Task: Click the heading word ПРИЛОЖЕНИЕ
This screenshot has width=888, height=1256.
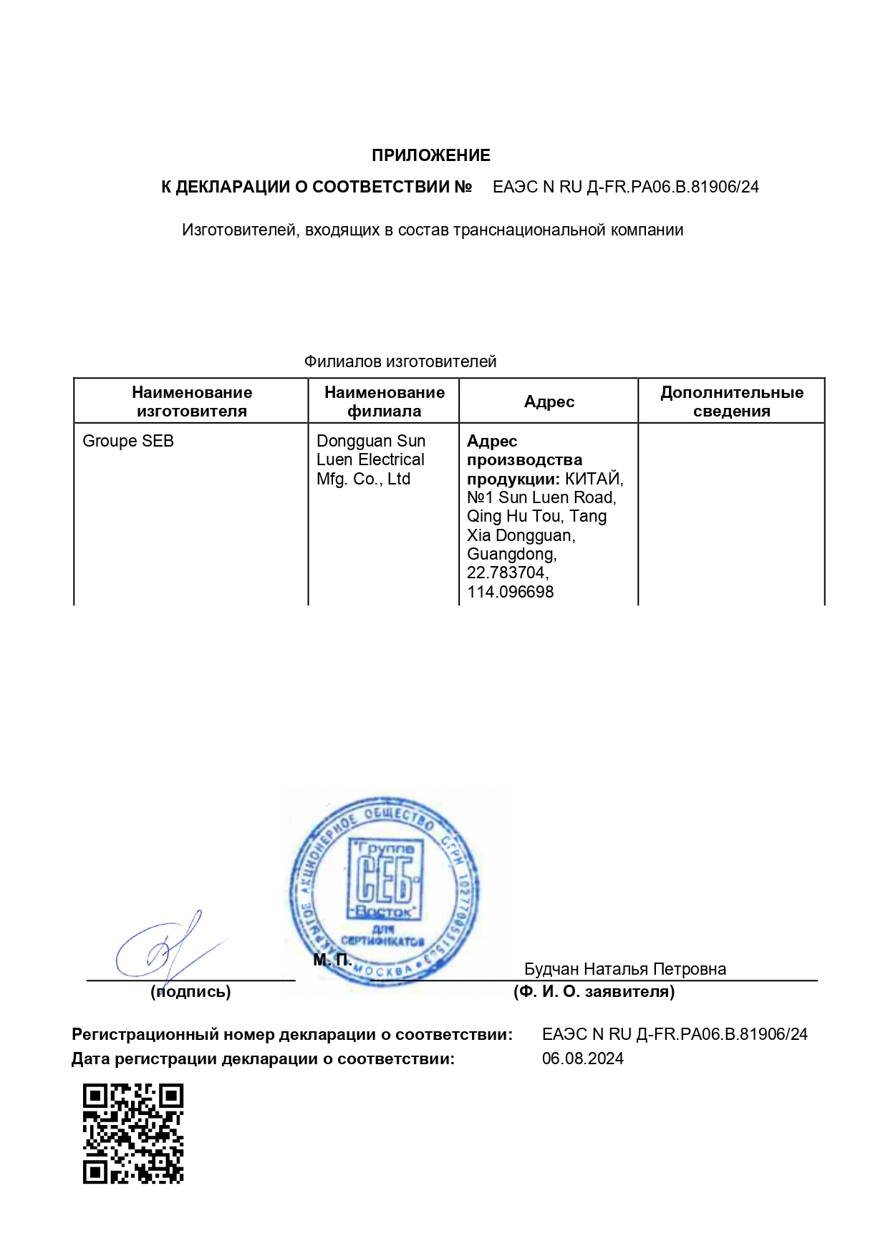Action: pos(430,155)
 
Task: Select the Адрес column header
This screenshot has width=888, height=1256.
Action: pos(549,401)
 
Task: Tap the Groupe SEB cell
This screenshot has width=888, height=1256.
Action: pos(128,441)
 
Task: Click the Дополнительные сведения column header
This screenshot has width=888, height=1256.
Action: pos(731,401)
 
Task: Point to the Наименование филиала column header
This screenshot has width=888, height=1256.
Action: pos(384,401)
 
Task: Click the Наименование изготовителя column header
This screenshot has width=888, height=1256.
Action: pos(191,401)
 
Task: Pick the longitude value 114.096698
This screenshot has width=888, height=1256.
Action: pos(510,592)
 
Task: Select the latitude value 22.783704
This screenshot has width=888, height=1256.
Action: pos(506,573)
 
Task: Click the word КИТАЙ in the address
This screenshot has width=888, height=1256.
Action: pos(593,479)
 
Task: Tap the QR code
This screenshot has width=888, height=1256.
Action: pos(133,1134)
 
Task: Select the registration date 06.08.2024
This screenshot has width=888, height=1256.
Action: pos(582,1058)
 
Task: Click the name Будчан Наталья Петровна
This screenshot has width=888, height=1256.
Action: pos(624,969)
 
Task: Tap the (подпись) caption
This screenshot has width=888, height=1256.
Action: pos(190,991)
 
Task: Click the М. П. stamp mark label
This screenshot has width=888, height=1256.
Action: pos(332,960)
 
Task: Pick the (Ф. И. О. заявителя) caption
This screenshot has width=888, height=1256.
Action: pos(594,991)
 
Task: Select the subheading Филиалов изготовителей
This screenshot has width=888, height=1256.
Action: pos(400,361)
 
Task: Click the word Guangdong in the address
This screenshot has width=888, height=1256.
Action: pos(511,554)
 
